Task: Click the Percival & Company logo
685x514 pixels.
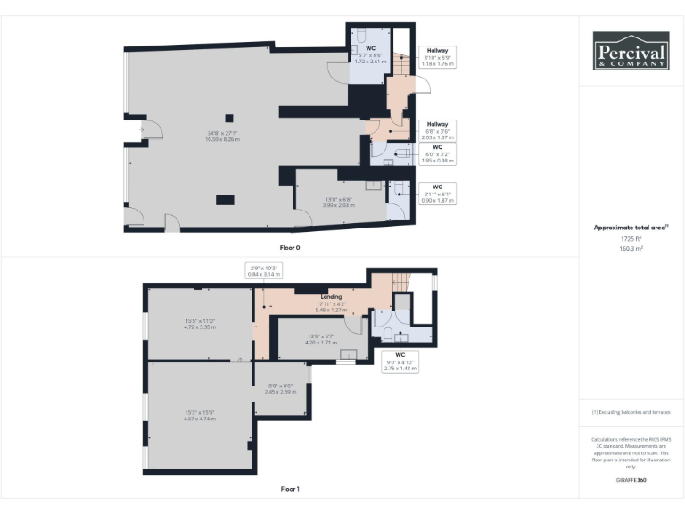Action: point(631,51)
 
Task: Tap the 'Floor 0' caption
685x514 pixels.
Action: point(290,246)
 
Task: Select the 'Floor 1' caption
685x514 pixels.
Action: point(290,489)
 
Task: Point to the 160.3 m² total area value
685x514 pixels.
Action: point(631,249)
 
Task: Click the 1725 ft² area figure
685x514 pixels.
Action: point(631,239)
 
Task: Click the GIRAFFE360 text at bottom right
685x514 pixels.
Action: point(631,480)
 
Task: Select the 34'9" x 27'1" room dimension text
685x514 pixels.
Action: point(223,137)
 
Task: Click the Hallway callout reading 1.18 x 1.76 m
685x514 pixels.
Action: point(437,58)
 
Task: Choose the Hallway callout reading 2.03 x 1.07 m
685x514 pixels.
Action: point(437,131)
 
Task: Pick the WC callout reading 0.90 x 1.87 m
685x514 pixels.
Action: point(437,194)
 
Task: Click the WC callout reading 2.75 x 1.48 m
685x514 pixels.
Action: point(400,361)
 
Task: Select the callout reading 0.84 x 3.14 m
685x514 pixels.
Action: point(263,271)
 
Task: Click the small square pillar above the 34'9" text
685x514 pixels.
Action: point(230,117)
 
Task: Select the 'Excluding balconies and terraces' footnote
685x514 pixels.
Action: point(631,412)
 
